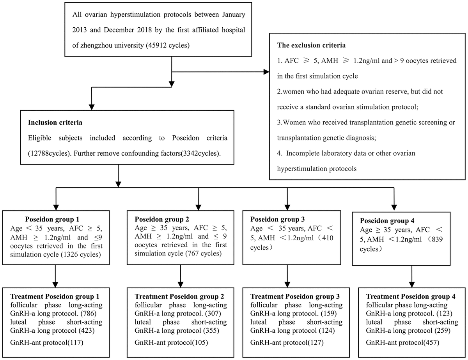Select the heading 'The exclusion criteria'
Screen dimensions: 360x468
click(x=311, y=45)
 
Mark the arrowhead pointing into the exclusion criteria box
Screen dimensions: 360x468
click(x=266, y=72)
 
